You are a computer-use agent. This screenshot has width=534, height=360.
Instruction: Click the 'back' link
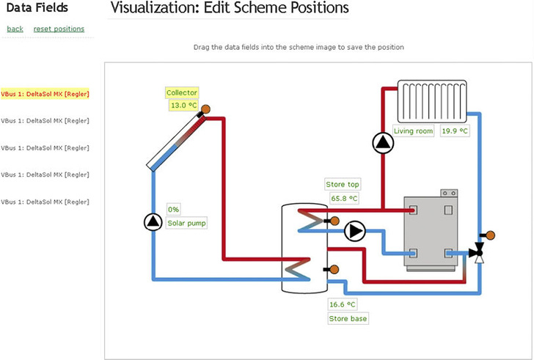pyautogui.click(x=15, y=29)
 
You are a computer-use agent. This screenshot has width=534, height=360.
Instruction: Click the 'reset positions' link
pyautogui.click(x=59, y=29)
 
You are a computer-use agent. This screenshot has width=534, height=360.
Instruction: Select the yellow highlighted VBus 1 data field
pyautogui.click(x=45, y=94)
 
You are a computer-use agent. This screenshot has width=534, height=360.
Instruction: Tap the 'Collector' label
pyautogui.click(x=182, y=93)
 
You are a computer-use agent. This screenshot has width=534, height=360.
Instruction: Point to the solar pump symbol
pyautogui.click(x=152, y=221)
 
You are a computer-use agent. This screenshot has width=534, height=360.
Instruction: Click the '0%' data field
pyautogui.click(x=174, y=209)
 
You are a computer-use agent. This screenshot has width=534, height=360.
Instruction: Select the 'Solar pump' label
pyautogui.click(x=186, y=222)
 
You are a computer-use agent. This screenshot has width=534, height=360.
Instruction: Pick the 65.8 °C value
pyautogui.click(x=344, y=198)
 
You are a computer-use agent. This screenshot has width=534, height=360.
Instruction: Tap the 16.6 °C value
pyautogui.click(x=342, y=304)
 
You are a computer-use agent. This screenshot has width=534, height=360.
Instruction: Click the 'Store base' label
pyautogui.click(x=347, y=318)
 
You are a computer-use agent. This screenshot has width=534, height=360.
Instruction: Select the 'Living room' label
pyautogui.click(x=413, y=131)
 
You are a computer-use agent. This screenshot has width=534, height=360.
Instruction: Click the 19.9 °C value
pyautogui.click(x=455, y=131)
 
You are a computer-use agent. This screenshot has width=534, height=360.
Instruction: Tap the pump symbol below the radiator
pyautogui.click(x=382, y=142)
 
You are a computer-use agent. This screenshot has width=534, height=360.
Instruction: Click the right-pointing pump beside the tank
pyautogui.click(x=355, y=231)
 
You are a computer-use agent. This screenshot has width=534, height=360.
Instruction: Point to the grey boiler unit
pyautogui.click(x=431, y=230)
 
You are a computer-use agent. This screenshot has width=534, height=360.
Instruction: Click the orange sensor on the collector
pyautogui.click(x=206, y=109)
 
